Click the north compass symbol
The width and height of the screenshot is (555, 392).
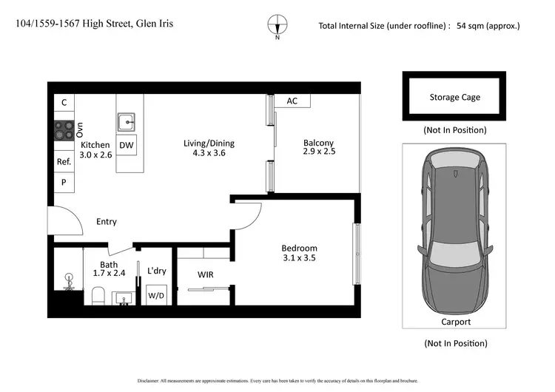(x=277, y=24)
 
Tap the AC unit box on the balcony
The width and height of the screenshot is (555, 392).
(x=292, y=101)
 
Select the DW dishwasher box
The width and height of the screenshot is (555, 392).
(x=127, y=146)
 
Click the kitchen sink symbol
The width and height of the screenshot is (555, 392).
(x=127, y=122)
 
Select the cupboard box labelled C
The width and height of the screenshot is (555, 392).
(x=64, y=103)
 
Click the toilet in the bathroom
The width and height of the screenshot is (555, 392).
(x=98, y=296)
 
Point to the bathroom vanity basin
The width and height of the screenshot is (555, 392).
(x=124, y=298)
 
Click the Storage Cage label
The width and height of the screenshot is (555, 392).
(x=454, y=97)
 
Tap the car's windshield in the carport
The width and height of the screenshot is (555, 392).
(x=454, y=182)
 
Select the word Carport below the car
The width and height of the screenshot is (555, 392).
(x=454, y=322)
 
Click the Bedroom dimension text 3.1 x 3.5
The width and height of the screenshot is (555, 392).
(x=299, y=259)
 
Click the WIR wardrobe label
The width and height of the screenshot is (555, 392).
(x=206, y=274)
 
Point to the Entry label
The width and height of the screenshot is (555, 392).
(x=107, y=222)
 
